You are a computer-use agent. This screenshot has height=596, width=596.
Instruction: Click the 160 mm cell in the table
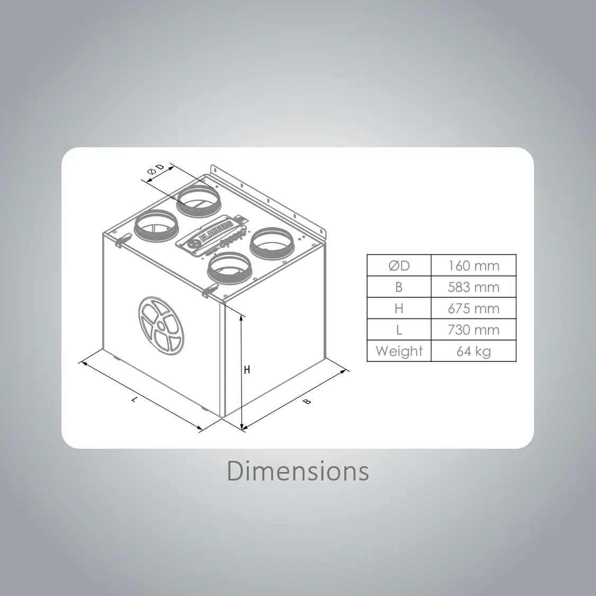tap(474, 265)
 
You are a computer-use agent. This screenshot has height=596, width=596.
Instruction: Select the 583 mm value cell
tap(474, 287)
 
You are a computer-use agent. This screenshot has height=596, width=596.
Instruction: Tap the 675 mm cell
tap(474, 308)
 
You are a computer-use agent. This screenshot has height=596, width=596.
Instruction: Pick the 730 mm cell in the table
tap(474, 330)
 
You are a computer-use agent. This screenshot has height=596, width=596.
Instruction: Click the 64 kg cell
tap(474, 351)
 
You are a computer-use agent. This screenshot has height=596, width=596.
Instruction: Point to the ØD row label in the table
tap(399, 265)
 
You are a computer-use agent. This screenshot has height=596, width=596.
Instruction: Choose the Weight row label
tap(399, 351)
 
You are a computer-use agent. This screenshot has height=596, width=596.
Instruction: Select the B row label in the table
tap(399, 287)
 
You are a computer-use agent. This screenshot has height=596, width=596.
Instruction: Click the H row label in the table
tap(399, 308)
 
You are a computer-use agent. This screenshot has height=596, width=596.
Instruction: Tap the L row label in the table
tap(399, 330)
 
